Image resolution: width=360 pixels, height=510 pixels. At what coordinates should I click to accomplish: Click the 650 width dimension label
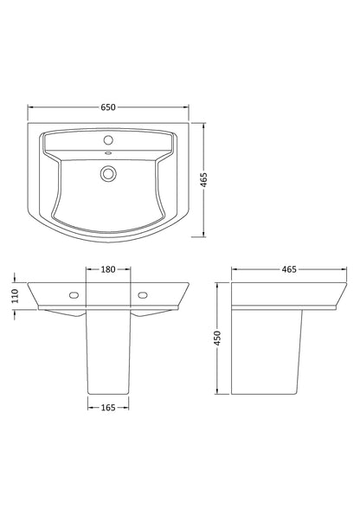[108, 107]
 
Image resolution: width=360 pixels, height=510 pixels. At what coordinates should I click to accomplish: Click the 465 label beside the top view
[203, 179]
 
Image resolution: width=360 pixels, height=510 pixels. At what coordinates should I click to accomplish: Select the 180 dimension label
[108, 269]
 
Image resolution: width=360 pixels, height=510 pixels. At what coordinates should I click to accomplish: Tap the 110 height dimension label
[16, 296]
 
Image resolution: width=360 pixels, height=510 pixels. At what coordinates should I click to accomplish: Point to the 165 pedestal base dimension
[108, 407]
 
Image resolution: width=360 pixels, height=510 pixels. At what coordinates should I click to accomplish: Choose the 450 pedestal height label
[217, 339]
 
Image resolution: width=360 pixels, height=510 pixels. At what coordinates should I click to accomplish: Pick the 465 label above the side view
[289, 269]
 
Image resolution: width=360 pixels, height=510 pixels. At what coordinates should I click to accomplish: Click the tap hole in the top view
[108, 140]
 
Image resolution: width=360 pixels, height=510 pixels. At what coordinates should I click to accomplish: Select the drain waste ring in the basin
[107, 172]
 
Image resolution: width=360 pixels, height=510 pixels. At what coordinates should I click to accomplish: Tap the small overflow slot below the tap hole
[108, 153]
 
